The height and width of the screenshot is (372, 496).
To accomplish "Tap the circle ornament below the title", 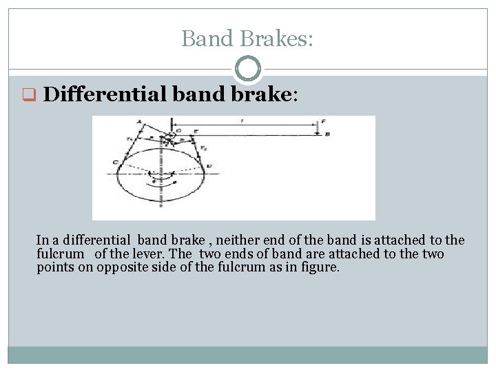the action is click(x=248, y=68).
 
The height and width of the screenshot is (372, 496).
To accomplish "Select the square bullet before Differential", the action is click(x=30, y=94).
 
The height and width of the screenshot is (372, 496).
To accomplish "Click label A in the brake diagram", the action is click(x=141, y=123).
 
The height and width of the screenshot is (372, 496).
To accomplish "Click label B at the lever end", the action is click(x=327, y=134).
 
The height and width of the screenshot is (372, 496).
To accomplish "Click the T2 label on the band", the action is click(x=203, y=149).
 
